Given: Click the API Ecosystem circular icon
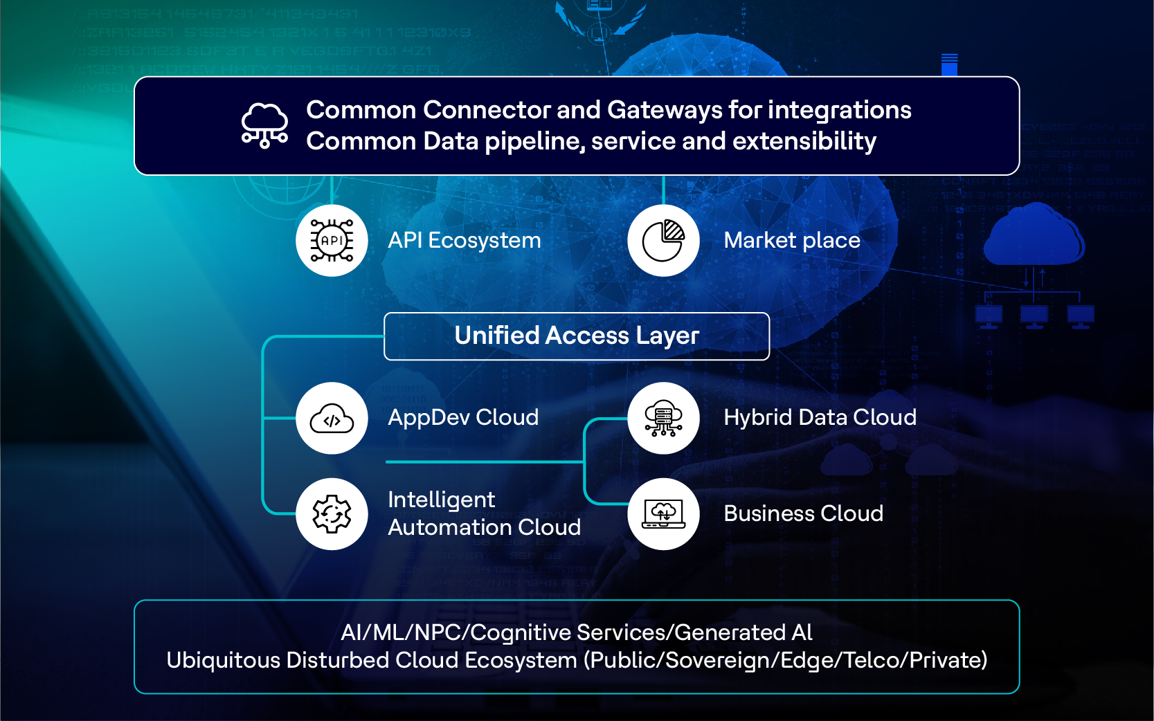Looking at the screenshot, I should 332,241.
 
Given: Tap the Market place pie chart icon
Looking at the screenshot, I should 663,241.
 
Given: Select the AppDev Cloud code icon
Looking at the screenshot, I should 332,418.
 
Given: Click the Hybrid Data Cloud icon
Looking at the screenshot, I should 663,418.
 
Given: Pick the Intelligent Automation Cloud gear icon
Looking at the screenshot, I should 332,514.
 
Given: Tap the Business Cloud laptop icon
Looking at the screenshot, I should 663,514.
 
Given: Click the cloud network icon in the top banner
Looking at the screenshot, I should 264,125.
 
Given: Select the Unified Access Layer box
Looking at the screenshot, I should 577,336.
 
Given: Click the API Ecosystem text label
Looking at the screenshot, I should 464,241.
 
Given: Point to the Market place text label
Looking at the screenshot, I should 791,241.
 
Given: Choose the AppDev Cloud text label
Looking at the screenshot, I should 463,418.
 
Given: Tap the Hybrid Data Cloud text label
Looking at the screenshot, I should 820,418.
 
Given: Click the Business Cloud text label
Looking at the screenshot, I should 803,514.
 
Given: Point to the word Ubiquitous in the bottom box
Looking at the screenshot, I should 223,660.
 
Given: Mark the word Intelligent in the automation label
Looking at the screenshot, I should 441,500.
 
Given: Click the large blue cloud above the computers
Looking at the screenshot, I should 1034,235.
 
